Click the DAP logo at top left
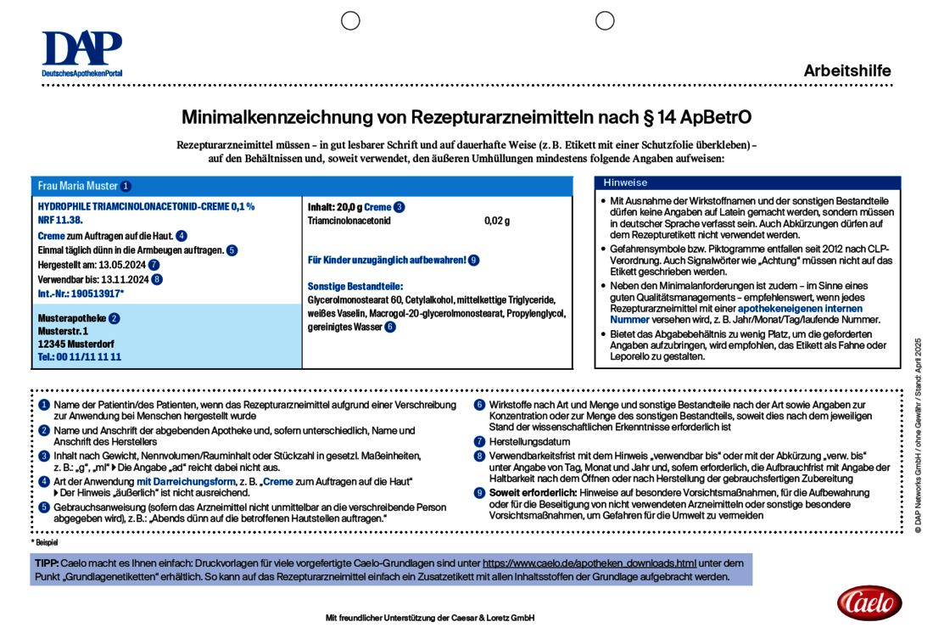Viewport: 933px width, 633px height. pos(82,53)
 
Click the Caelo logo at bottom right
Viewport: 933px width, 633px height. pos(869,602)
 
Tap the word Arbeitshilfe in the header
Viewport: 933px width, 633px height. pos(846,71)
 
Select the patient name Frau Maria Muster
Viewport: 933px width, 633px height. pos(78,186)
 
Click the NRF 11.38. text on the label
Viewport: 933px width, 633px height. pos(60,220)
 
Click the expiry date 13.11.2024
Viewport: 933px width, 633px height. pos(120,278)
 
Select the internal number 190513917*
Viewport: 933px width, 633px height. pos(97,293)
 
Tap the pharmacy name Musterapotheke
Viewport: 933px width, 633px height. pos(72,318)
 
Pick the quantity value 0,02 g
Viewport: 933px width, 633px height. pos(497,221)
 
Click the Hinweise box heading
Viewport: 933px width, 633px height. pos(625,182)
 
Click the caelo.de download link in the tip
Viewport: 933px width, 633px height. pos(589,563)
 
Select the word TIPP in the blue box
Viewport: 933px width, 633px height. pos(47,563)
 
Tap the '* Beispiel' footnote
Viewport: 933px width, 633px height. pos(46,541)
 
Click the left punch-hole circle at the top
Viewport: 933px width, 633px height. pos(350,20)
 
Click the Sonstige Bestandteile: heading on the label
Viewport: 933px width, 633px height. pos(355,287)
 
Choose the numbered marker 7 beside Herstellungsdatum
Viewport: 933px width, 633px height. pos(479,441)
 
